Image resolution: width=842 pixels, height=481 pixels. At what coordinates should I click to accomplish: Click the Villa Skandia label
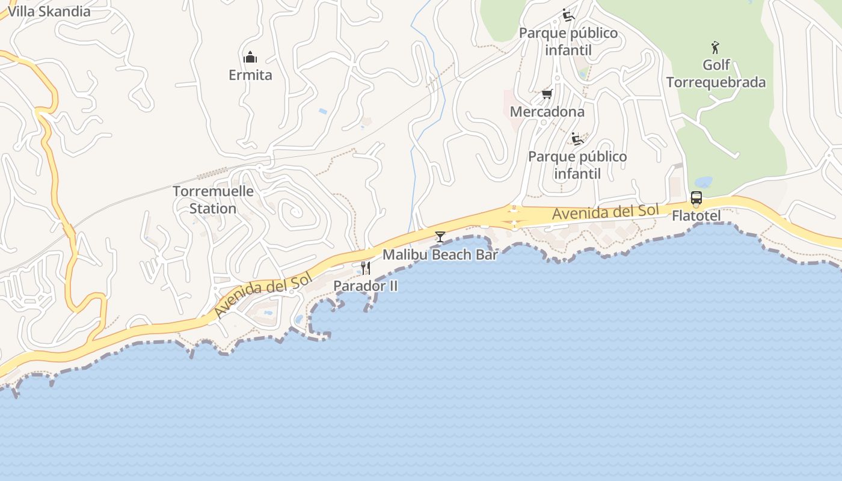pos(49,11)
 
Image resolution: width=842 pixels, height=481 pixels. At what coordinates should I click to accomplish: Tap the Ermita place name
pos(250,75)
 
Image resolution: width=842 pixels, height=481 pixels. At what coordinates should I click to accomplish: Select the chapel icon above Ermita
pos(250,58)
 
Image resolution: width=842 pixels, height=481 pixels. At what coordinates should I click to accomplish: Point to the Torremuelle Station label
pos(213,200)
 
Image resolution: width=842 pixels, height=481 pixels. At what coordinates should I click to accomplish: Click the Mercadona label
pos(547,112)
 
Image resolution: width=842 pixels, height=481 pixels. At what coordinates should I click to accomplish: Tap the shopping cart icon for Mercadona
pos(547,94)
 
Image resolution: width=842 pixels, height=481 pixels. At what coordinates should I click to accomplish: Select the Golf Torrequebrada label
pos(716,73)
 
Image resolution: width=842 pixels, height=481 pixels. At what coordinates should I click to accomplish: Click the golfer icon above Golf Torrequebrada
pos(715,47)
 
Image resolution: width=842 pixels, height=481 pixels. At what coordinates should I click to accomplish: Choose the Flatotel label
pos(696,215)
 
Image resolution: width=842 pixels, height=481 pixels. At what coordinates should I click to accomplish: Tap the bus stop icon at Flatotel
pos(696,198)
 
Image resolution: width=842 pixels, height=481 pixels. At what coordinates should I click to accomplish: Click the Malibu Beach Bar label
pos(440,254)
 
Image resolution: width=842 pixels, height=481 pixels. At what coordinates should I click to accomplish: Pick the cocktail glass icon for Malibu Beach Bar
pos(440,237)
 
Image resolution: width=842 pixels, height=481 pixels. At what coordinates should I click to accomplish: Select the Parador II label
pos(366,286)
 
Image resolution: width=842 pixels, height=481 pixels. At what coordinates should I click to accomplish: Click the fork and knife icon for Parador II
pos(366,268)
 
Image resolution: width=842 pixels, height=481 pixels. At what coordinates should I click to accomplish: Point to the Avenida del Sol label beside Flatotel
pos(605,212)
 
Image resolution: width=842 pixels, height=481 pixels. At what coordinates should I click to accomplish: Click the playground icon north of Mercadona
pos(568,15)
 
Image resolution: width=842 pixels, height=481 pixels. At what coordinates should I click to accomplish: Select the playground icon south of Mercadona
pos(577,139)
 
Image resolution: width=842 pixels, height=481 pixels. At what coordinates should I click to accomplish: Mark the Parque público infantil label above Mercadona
pos(568,41)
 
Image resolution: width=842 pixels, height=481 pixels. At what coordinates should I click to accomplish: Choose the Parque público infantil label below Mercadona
pos(577,165)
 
